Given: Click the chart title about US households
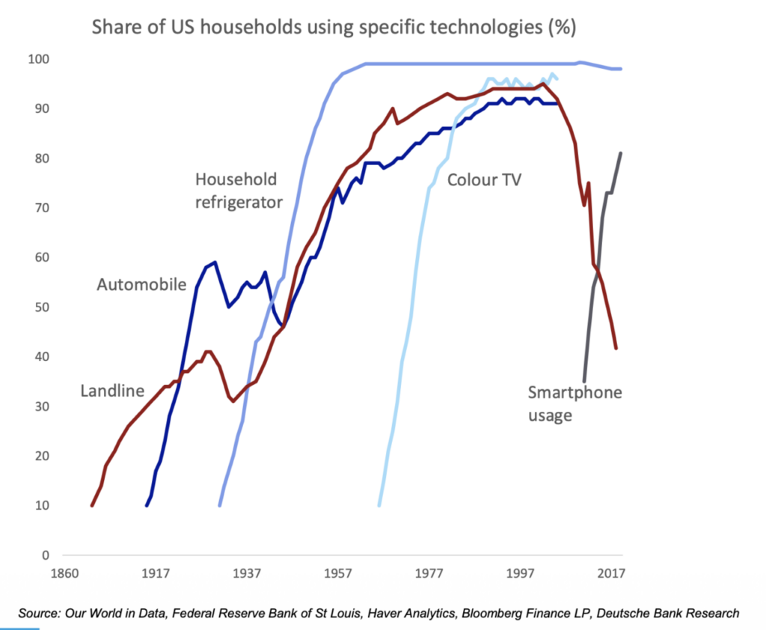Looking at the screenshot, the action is tap(334, 27).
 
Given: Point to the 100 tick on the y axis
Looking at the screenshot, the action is tap(39, 60).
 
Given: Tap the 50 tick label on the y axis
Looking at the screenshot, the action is tap(42, 307).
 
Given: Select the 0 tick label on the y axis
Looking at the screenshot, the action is tap(46, 555).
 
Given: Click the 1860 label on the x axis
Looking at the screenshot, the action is tap(64, 573).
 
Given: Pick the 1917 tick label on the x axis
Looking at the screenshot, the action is tap(156, 573).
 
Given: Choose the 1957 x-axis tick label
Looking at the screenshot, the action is tap(337, 573).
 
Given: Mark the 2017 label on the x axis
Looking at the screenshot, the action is tap(611, 573).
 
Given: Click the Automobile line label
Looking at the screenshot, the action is tap(141, 285).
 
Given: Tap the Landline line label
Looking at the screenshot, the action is tap(112, 391).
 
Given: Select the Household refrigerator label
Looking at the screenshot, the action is tap(239, 191).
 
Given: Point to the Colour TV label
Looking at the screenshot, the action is tap(484, 180).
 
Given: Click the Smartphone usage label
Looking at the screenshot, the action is tap(575, 404).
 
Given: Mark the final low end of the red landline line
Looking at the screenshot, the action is tap(616, 348).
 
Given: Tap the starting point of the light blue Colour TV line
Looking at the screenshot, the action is tap(379, 505).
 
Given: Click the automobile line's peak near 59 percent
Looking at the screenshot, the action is tap(215, 262).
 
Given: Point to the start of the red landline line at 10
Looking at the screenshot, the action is tap(92, 505).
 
